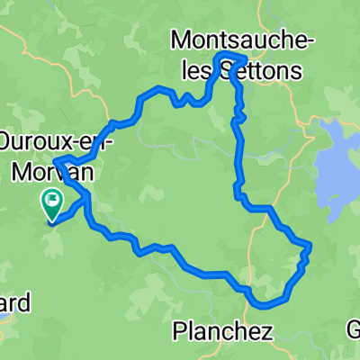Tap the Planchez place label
coord(221,331)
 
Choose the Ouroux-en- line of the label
coord(53,142)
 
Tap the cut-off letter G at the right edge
coord(354,328)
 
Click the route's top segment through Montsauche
coord(230,57)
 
